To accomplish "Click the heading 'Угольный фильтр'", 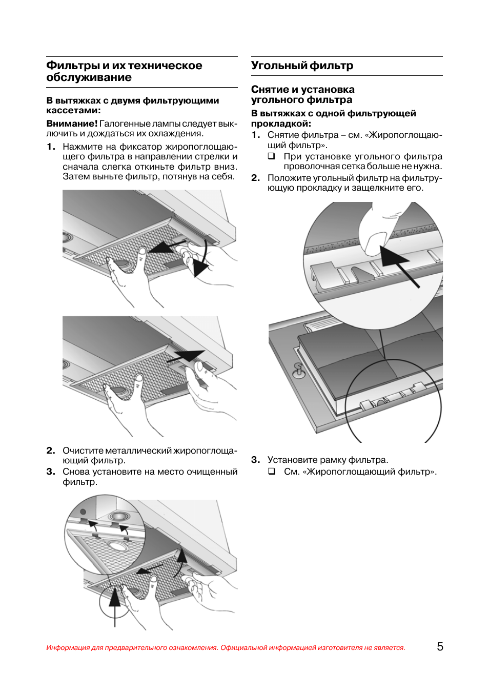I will [x=302, y=66].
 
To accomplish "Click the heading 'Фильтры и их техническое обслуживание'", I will [x=124, y=71].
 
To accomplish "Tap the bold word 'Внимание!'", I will [x=72, y=124].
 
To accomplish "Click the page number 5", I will [x=440, y=646].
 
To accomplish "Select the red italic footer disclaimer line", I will [x=226, y=648].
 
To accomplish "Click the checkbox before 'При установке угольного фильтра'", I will [x=272, y=156].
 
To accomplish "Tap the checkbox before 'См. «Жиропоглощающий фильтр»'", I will [x=272, y=471].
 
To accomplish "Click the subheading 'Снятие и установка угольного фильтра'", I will [x=302, y=95].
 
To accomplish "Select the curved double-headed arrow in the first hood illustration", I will [x=202, y=256].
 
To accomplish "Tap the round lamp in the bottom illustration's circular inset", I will [x=118, y=516].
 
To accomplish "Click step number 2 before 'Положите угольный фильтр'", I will [x=255, y=178].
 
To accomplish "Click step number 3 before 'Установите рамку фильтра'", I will [x=255, y=460].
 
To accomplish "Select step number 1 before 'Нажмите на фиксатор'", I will [x=50, y=147].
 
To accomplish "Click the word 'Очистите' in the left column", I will [x=83, y=451].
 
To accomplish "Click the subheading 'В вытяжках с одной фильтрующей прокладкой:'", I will [x=333, y=118].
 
